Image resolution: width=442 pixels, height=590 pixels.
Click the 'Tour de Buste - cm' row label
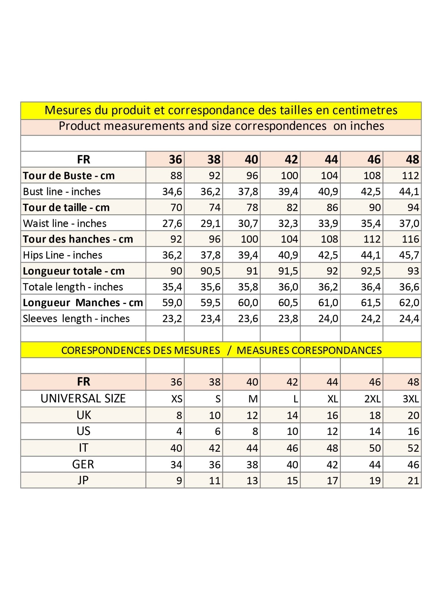pyautogui.click(x=69, y=176)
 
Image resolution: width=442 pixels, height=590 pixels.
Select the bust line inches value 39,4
pyautogui.click(x=288, y=192)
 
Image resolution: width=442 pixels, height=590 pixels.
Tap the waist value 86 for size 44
pyautogui.click(x=332, y=207)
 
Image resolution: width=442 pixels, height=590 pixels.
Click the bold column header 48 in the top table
pyautogui.click(x=412, y=160)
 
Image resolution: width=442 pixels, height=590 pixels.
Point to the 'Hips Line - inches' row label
pyautogui.click(x=62, y=255)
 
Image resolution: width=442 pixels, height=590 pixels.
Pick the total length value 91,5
pyautogui.click(x=288, y=271)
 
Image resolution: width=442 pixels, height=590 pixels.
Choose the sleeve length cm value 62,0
pyautogui.click(x=409, y=303)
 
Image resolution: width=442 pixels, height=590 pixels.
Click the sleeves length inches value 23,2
pyautogui.click(x=172, y=319)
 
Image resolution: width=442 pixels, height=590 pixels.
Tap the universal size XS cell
pyautogui.click(x=177, y=399)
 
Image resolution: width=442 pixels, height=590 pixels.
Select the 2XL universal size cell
pyautogui.click(x=372, y=399)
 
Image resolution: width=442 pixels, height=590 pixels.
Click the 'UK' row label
pyautogui.click(x=83, y=415)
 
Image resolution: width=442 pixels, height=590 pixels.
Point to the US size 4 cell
pyautogui.click(x=179, y=432)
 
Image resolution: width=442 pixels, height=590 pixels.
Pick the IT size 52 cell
pyautogui.click(x=413, y=448)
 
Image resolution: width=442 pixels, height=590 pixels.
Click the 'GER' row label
pyautogui.click(x=83, y=464)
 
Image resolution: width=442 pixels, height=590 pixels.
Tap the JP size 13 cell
pyautogui.click(x=252, y=481)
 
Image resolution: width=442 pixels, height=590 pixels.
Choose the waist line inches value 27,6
pyautogui.click(x=172, y=224)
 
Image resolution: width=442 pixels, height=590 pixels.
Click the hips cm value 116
pyautogui.click(x=410, y=239)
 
